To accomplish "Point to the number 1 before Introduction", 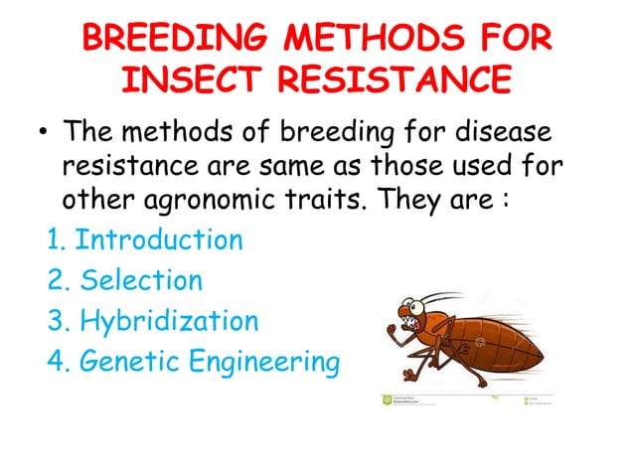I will [x=55, y=240].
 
